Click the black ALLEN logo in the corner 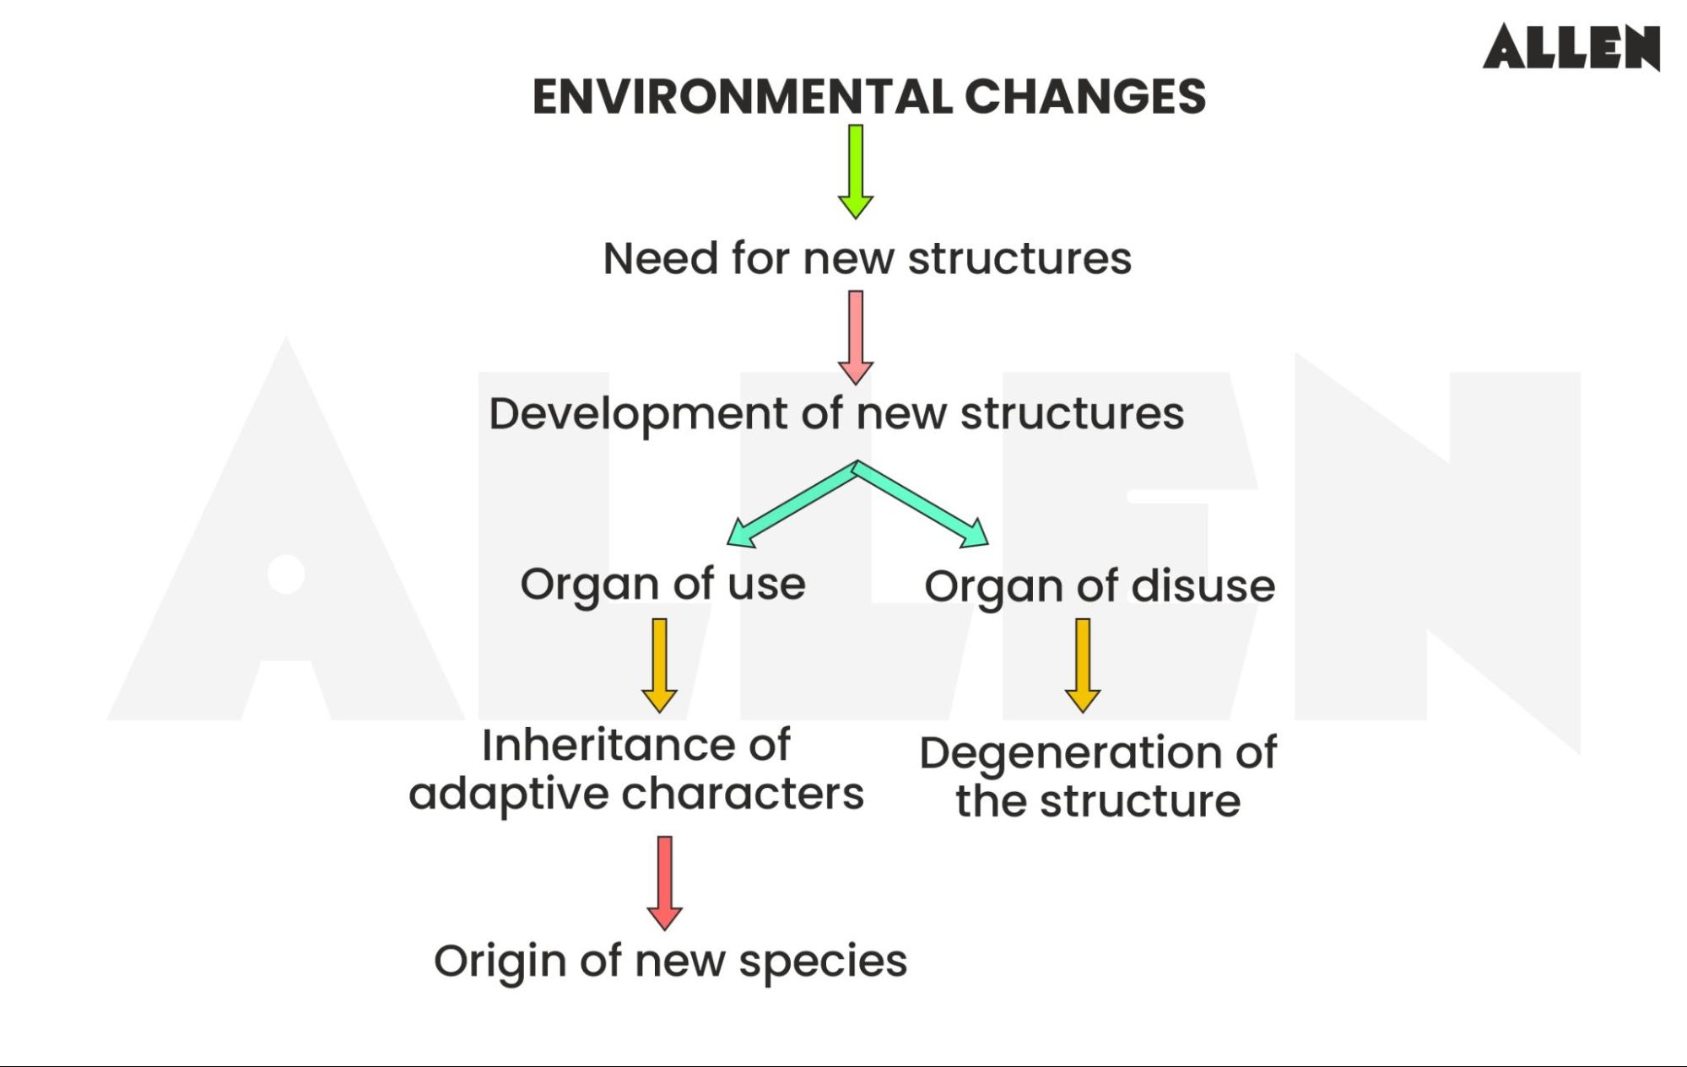(1571, 47)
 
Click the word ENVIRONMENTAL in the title (742, 97)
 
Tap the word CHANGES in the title (1084, 97)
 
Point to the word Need (659, 258)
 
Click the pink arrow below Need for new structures (855, 337)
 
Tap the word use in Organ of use (766, 585)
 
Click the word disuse (1203, 586)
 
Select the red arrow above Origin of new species (664, 882)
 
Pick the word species (823, 962)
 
